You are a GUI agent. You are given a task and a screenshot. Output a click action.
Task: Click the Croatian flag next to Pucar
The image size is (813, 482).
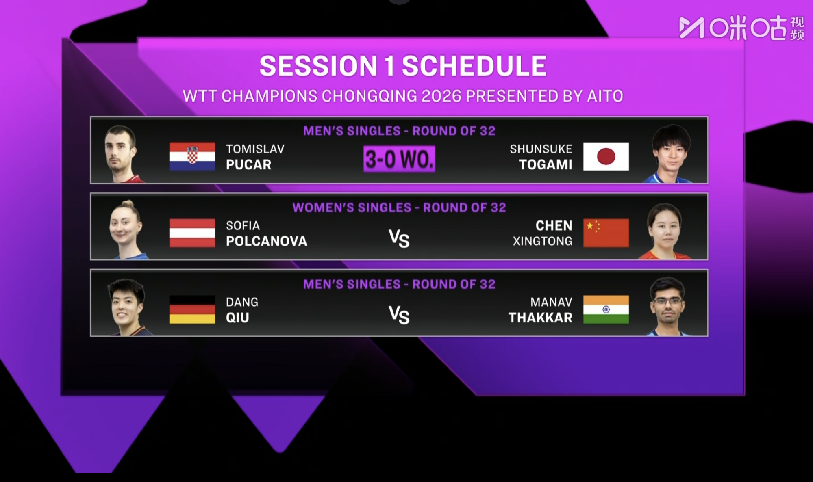coord(192,156)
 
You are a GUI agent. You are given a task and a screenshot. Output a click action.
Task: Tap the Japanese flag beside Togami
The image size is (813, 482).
coord(606,156)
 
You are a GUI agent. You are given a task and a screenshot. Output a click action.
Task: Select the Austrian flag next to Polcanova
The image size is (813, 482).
coord(192,233)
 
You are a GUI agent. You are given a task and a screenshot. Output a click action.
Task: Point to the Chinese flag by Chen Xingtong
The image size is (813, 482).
coord(606,233)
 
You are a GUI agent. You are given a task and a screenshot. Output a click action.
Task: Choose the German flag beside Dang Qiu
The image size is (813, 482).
coord(192,309)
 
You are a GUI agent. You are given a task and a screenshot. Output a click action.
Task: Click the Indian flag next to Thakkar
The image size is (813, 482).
coord(606,309)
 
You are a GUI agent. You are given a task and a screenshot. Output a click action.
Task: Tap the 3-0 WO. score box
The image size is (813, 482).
coord(399,159)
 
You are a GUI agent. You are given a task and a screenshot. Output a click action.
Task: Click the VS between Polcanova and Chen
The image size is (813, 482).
coord(399,238)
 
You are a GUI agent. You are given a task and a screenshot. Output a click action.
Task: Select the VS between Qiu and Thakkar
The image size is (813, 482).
coord(399,315)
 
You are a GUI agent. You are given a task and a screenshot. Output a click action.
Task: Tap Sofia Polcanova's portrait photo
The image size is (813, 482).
coord(127,230)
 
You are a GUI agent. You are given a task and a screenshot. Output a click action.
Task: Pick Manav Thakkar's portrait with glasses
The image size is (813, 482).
coord(667,307)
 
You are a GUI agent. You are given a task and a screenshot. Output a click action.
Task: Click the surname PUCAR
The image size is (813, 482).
coord(249,164)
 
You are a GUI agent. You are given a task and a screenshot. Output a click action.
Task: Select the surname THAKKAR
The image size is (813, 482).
coord(540,318)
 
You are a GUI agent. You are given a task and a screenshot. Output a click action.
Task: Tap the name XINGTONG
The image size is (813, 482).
coord(542,241)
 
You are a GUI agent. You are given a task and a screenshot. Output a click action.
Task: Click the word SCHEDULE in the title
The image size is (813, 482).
coord(474,66)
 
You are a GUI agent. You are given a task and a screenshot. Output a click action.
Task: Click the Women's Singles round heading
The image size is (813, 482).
coord(399,207)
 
